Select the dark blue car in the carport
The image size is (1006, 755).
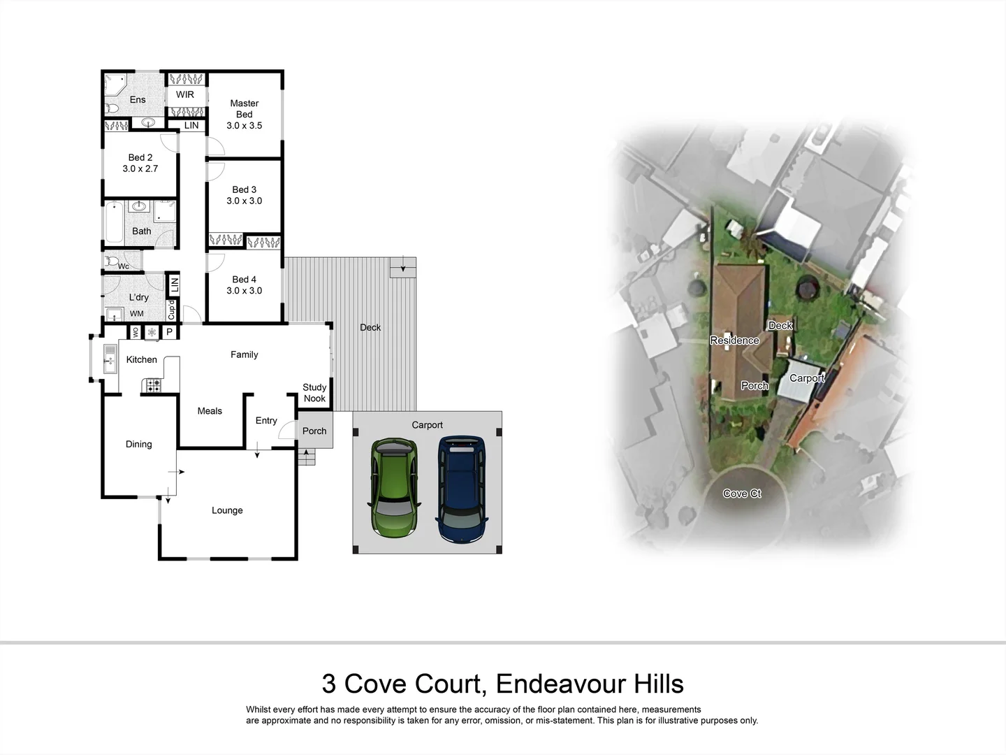(x=461, y=489)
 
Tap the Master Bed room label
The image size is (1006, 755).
(x=244, y=108)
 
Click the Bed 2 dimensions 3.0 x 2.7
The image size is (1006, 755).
(x=140, y=168)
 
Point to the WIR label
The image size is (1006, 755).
(x=185, y=94)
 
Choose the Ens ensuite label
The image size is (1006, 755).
(x=138, y=100)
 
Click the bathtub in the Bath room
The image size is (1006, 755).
(x=114, y=222)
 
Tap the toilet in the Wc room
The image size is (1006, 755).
(x=112, y=261)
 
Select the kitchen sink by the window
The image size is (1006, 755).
(x=110, y=358)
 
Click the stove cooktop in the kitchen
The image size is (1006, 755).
(x=152, y=385)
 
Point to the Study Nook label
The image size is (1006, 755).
(x=314, y=393)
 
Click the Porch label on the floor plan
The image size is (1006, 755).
(x=314, y=431)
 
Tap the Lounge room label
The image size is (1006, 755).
(x=227, y=510)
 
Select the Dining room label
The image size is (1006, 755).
(x=138, y=444)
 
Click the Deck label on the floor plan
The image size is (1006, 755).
(x=370, y=327)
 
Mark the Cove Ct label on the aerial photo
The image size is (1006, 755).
(x=742, y=494)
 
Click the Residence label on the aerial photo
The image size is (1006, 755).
(x=734, y=340)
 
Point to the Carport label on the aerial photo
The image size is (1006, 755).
(x=807, y=378)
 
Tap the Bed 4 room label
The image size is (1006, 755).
(x=244, y=280)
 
